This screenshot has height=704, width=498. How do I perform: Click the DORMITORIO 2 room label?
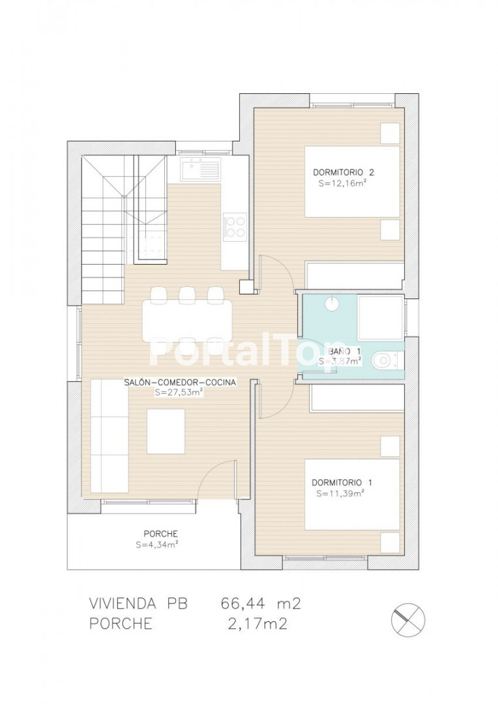(344, 172)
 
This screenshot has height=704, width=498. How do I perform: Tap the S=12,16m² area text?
(340, 183)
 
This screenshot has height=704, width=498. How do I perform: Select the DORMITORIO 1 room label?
(342, 482)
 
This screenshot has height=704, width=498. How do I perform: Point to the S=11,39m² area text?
(340, 493)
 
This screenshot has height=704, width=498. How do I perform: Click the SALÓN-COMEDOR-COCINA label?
(180, 383)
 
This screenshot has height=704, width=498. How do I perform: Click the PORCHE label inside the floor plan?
(161, 534)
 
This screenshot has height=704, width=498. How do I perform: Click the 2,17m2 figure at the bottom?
(257, 624)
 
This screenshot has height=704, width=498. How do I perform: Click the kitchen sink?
(201, 169)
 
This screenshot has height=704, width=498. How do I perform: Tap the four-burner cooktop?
(235, 226)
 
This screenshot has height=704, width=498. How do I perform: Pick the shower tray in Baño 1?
(381, 317)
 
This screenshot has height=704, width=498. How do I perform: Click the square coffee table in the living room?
(166, 431)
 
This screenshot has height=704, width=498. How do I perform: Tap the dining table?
(187, 321)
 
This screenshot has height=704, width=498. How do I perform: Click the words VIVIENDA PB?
(138, 604)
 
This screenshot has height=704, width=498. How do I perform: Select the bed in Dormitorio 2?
(353, 181)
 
